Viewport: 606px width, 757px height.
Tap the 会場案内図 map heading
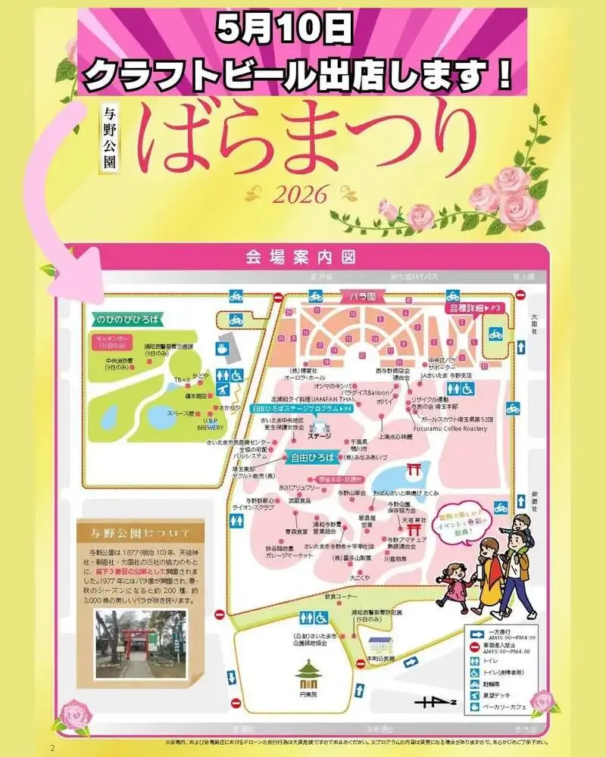coord(301,257)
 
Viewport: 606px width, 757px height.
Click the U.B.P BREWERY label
coord(210,423)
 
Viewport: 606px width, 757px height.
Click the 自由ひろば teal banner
coord(315,457)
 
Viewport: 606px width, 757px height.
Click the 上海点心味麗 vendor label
coord(395,437)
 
